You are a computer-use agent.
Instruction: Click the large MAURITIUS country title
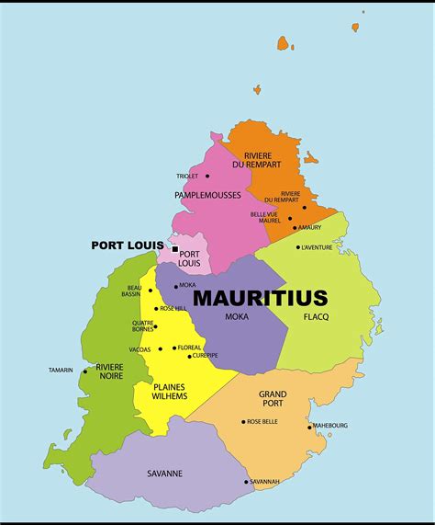point(260,298)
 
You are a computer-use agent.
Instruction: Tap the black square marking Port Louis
point(175,248)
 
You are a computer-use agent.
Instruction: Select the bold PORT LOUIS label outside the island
point(127,245)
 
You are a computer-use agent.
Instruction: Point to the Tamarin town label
point(61,371)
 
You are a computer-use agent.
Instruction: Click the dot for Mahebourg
point(309,427)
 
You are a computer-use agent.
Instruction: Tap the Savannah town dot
point(246,482)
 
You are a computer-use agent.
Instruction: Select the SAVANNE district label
point(164,474)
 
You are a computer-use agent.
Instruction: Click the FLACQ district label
point(316,317)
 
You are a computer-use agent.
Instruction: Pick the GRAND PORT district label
point(273,399)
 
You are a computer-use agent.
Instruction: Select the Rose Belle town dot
point(243,422)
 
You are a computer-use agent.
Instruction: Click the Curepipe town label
point(206,355)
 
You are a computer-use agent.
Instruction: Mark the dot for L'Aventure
point(297,246)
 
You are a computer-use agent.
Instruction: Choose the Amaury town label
point(310,227)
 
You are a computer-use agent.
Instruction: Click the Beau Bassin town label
point(133,291)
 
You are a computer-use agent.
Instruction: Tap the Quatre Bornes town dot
point(155,326)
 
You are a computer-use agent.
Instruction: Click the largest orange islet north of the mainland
point(284,43)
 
